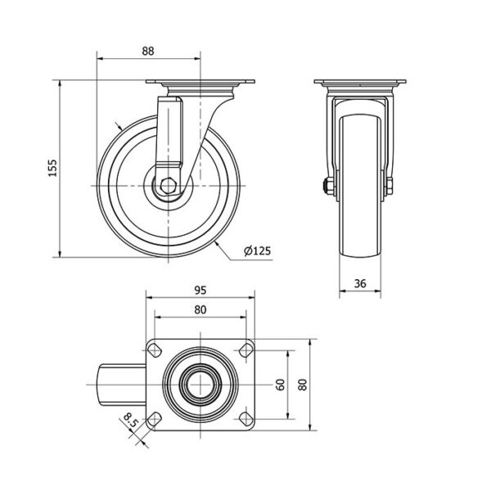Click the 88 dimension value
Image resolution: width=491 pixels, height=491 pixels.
click(148, 51)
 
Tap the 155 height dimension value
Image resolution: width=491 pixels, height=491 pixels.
click(53, 168)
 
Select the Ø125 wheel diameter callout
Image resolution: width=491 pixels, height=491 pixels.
click(258, 251)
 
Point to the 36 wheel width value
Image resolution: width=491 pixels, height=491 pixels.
click(360, 283)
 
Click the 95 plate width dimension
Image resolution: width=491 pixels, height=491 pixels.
click(200, 291)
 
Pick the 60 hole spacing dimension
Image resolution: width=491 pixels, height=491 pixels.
click(281, 385)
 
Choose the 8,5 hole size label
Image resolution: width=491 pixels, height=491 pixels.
click(131, 421)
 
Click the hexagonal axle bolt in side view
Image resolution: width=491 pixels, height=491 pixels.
click(168, 186)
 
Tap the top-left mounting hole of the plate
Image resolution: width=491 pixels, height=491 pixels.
click(155, 350)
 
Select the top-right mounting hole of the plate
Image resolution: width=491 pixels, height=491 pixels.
click(246, 350)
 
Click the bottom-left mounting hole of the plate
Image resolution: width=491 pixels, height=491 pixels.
click(155, 419)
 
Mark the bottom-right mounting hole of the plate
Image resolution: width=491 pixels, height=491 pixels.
click(246, 419)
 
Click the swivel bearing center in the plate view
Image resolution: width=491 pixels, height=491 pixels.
click(200, 385)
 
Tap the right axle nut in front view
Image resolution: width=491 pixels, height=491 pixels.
click(389, 186)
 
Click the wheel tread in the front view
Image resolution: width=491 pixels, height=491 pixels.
click(360, 187)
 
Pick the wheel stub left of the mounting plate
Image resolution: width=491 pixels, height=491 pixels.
click(124, 385)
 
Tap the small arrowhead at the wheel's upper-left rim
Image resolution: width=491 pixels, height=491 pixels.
click(119, 127)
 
